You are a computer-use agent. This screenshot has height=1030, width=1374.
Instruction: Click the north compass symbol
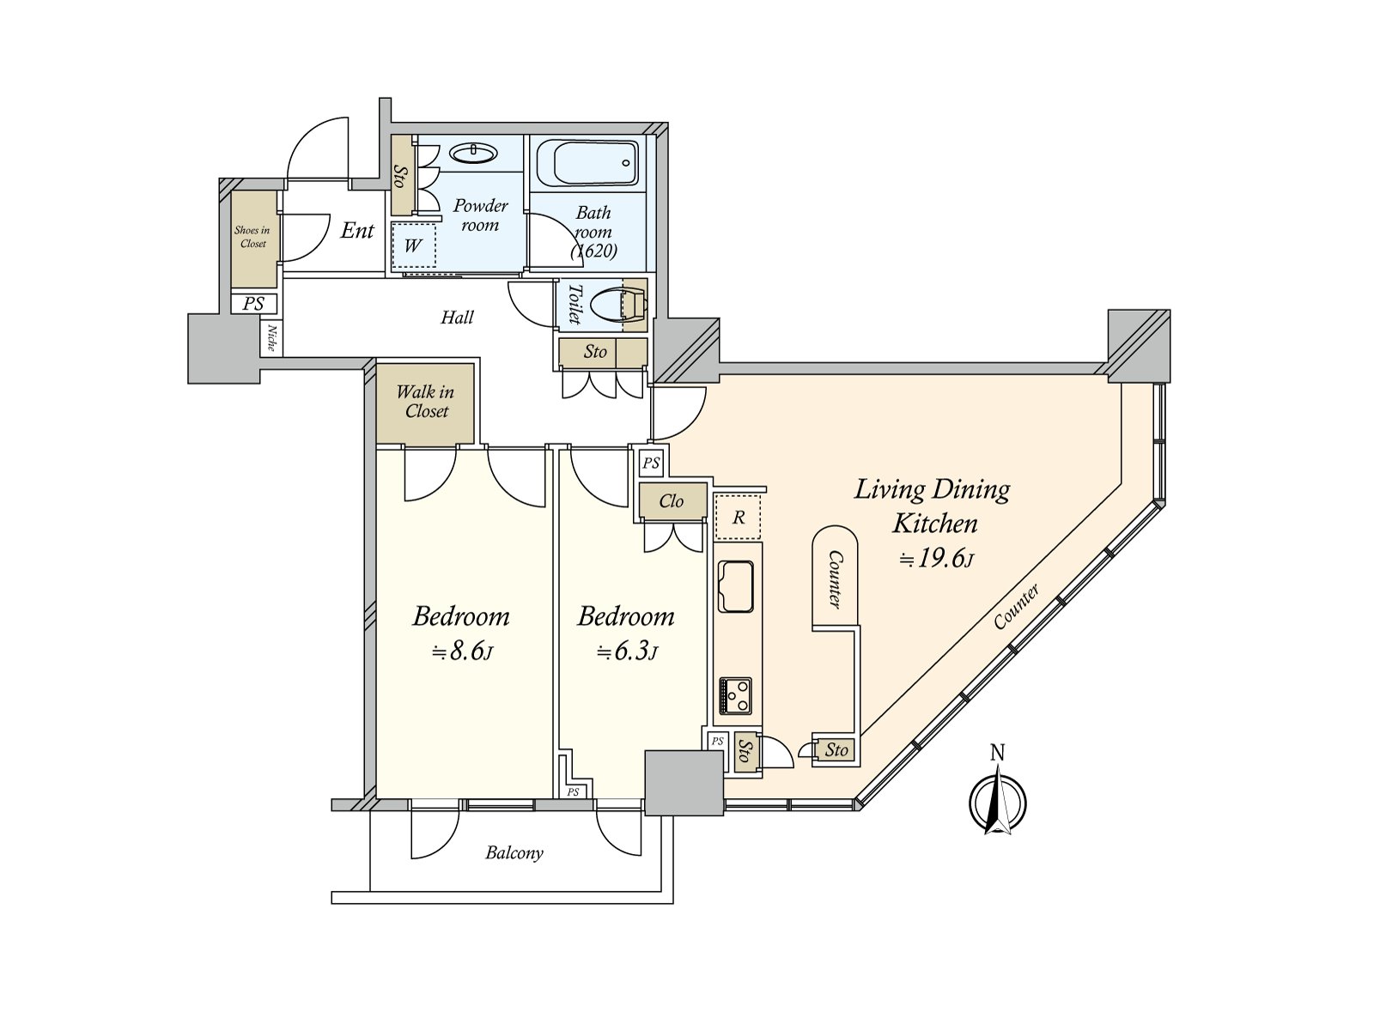click(997, 793)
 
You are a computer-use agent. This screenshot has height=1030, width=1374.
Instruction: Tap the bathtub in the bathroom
click(587, 162)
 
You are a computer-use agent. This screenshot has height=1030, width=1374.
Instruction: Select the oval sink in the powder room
click(474, 153)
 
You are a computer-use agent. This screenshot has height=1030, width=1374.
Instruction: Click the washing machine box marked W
click(412, 246)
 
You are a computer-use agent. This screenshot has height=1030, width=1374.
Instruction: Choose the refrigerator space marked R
click(738, 517)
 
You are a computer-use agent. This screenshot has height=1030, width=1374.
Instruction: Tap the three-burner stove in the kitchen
click(735, 695)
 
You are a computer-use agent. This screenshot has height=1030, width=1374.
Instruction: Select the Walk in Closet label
click(426, 402)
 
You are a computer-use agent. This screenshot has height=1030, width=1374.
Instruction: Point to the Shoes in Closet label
click(252, 237)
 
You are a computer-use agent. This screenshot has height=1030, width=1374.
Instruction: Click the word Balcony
click(514, 853)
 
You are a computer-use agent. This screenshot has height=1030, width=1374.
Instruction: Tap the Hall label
click(457, 318)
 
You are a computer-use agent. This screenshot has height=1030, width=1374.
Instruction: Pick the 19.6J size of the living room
click(936, 559)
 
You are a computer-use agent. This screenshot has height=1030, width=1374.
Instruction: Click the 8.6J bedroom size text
click(462, 652)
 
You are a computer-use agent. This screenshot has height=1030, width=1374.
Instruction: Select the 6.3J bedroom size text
click(627, 652)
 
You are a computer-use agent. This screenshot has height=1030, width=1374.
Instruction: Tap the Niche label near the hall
click(271, 337)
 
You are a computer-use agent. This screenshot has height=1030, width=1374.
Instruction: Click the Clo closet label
click(671, 501)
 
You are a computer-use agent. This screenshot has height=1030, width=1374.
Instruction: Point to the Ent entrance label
click(357, 231)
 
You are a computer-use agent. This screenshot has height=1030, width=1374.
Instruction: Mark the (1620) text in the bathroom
click(593, 251)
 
